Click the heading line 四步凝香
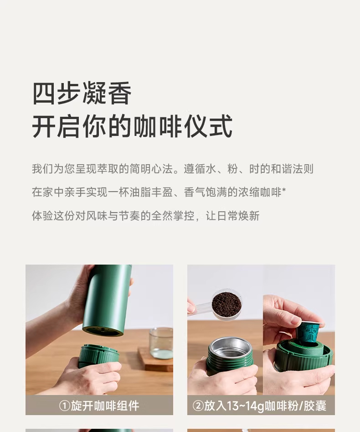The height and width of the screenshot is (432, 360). point(82,93)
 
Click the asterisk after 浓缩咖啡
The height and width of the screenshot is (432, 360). point(284,190)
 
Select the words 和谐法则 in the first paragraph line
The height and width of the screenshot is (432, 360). point(292,169)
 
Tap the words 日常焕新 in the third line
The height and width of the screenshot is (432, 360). point(238,216)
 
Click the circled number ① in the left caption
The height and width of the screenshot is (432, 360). point(64,406)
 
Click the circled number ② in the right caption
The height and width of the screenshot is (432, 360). point(198,406)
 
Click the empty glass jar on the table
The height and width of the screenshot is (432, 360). point(161,344)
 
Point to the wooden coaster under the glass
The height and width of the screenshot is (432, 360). point(156,359)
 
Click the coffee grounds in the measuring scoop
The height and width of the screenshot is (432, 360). point(227,302)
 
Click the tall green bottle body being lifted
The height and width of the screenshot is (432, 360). point(107,300)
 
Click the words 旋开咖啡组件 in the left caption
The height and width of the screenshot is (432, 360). point(105,406)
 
